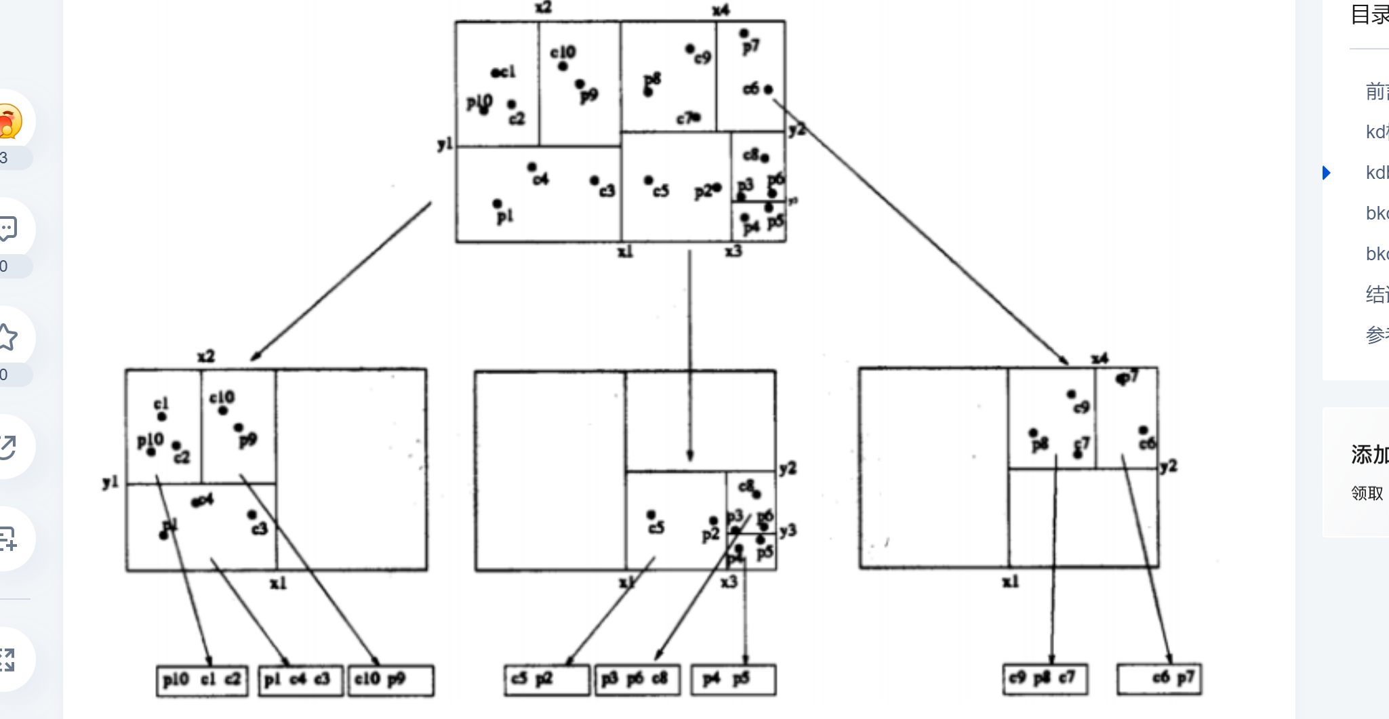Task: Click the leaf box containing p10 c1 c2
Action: [202, 680]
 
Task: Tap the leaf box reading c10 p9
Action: [391, 680]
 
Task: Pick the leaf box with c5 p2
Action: [547, 680]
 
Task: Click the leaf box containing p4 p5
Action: [733, 680]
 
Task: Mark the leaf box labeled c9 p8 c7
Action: [1045, 679]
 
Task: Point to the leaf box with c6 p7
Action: [1159, 679]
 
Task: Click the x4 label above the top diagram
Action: [721, 10]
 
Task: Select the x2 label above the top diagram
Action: [543, 7]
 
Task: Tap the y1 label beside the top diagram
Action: [445, 144]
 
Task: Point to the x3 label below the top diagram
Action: [733, 251]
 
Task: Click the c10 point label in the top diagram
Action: [563, 52]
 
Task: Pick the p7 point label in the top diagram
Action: [751, 46]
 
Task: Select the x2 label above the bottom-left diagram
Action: [206, 356]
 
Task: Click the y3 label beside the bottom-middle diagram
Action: [788, 531]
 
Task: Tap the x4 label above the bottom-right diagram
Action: [1100, 358]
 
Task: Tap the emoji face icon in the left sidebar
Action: [8, 122]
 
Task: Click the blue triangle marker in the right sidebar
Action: [1327, 173]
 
